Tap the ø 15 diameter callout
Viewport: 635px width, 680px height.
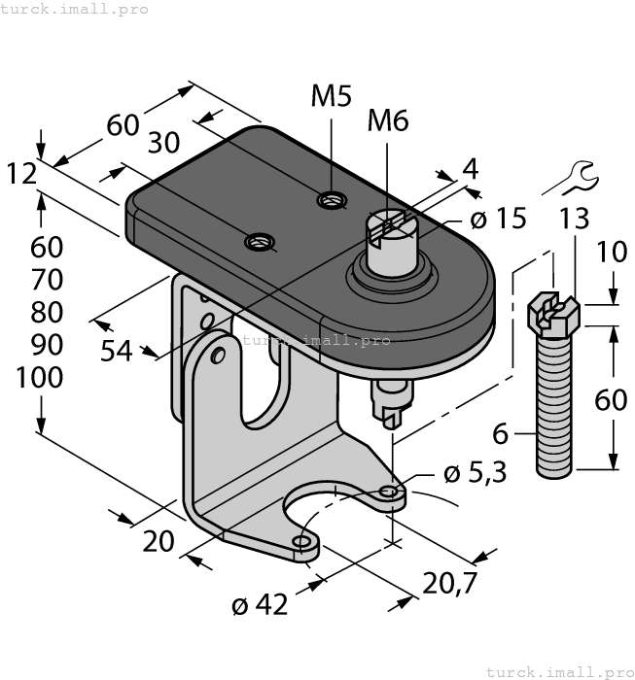click(498, 219)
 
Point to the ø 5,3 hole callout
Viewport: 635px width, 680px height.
click(475, 474)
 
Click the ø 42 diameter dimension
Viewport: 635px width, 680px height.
click(260, 604)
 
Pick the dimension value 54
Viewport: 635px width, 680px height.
click(117, 351)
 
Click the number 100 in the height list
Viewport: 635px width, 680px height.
click(40, 378)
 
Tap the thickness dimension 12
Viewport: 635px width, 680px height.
click(21, 174)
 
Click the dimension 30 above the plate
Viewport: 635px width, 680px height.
click(163, 143)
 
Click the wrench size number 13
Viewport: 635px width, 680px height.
click(574, 219)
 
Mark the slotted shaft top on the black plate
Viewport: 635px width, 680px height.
click(392, 229)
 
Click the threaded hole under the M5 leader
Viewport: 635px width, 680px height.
click(332, 201)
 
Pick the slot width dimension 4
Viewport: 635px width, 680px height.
click(470, 168)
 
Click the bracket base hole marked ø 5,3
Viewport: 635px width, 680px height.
click(389, 492)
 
